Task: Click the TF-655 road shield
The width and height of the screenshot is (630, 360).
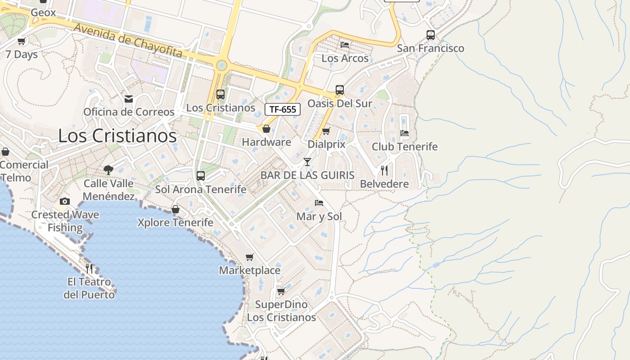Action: (283, 109)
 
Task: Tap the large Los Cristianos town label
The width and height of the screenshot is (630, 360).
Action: (117, 135)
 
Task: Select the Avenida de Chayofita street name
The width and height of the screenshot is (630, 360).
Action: (128, 41)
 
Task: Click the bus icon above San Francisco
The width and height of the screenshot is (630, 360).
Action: (431, 35)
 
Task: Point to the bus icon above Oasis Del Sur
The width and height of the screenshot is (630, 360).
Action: (340, 90)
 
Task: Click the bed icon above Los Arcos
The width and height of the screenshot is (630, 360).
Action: (345, 45)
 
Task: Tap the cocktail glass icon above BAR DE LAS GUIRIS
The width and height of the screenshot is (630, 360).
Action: (307, 162)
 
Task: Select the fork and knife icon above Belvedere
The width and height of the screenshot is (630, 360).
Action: (384, 171)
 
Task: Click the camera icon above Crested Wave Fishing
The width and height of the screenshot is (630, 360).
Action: (65, 201)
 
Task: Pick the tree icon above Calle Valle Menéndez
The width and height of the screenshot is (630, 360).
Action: (108, 170)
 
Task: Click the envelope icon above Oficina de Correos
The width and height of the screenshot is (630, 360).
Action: (129, 99)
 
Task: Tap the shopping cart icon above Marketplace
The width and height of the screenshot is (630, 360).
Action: (250, 257)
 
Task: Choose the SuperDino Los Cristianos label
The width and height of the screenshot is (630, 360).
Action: (282, 311)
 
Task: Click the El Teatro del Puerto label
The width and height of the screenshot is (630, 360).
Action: (89, 288)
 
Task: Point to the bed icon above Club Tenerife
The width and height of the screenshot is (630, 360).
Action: (405, 133)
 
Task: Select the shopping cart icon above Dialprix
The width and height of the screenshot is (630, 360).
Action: (326, 131)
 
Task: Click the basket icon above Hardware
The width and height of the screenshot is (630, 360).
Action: (266, 129)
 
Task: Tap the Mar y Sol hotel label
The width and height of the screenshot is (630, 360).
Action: (319, 216)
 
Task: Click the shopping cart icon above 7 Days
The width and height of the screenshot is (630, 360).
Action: (22, 41)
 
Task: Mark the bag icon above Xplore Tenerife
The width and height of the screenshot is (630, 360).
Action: (175, 209)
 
